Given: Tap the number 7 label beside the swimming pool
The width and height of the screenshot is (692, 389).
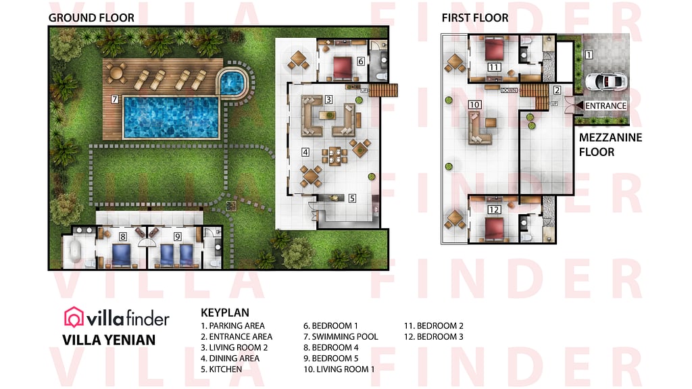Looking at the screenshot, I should click(115, 99).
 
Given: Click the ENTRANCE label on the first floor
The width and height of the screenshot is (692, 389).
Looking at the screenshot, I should click(605, 106).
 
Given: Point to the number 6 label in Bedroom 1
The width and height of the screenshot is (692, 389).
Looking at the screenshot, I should click(361, 61).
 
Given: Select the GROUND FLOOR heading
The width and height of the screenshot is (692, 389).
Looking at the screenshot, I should click(91, 18).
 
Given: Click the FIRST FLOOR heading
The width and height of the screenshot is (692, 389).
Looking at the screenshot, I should click(475, 18).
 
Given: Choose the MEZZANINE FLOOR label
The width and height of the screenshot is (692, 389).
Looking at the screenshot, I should click(610, 145).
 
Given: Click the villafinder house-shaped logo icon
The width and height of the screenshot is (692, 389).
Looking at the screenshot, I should click(74, 317).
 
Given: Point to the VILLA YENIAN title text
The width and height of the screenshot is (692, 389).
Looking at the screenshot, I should click(109, 340).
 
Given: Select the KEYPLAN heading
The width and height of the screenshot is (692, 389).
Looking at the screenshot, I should click(225, 313).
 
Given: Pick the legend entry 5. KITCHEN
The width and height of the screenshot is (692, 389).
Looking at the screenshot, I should click(221, 369).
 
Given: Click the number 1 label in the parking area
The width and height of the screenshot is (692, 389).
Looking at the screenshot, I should click(589, 54).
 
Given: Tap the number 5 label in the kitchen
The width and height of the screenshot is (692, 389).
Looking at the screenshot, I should click(352, 199).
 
